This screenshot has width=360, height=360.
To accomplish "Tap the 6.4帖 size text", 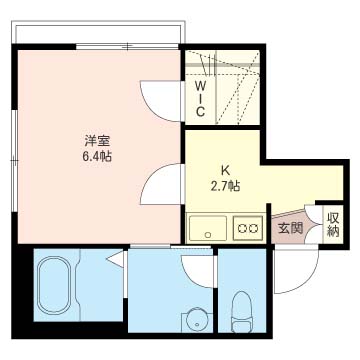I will pos(96,156).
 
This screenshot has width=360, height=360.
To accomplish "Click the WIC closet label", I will pos(200,98).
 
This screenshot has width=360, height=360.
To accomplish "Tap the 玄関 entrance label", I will pos(290,228).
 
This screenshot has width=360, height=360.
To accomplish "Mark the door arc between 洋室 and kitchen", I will pos(159,184).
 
